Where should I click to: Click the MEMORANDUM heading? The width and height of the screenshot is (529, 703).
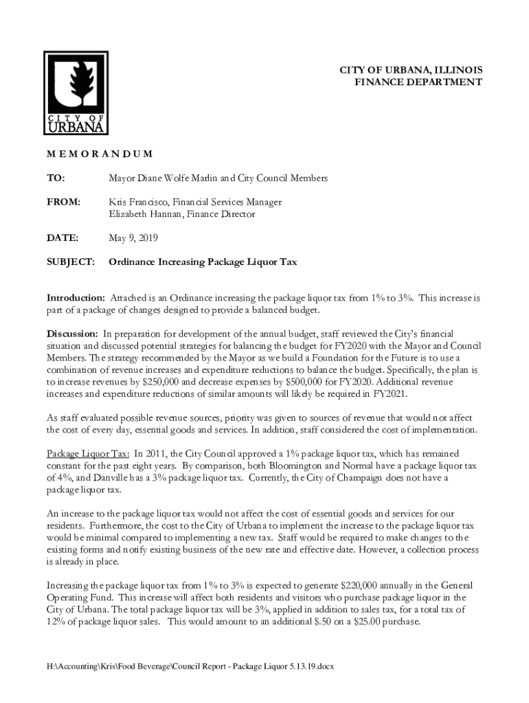point(99,154)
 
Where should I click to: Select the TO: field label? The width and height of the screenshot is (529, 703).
point(56,178)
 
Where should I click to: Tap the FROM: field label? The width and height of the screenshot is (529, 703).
point(63,203)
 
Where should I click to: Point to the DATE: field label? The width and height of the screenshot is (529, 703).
point(62,238)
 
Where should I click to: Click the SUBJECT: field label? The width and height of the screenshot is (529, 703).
point(70,262)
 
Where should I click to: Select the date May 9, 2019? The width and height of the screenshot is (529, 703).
point(133,238)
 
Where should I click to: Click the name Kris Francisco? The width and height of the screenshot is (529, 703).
point(138,203)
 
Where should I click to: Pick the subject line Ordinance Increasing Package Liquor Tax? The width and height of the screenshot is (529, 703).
point(203,262)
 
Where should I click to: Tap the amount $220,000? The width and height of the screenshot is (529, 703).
point(363,585)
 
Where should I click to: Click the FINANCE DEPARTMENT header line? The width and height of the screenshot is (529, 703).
point(418,82)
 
